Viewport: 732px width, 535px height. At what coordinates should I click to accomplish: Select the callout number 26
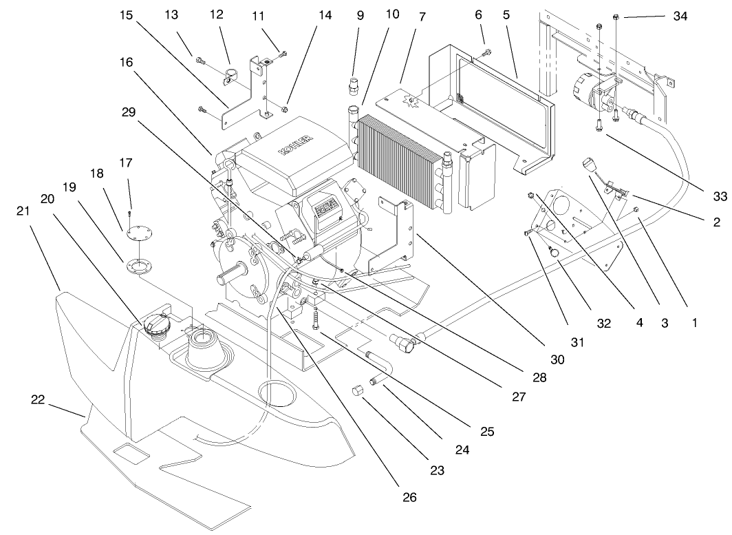(409, 496)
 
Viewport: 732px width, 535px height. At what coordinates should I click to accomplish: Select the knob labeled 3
(590, 165)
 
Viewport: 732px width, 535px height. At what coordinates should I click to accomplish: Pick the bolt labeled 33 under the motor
(600, 125)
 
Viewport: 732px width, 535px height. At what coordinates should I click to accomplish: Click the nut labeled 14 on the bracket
(286, 108)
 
